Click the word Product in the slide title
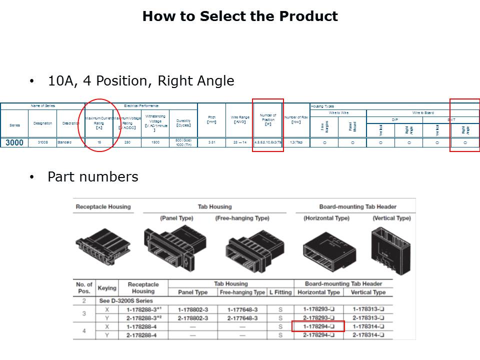[308, 16]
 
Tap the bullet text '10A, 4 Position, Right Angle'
[140, 81]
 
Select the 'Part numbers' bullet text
[92, 177]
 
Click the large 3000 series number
[14, 143]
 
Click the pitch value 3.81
[211, 143]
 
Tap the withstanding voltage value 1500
[155, 143]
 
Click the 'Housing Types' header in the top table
[322, 106]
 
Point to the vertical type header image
[390, 245]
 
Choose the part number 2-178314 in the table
[367, 334]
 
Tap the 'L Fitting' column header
[280, 292]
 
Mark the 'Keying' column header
[106, 288]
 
